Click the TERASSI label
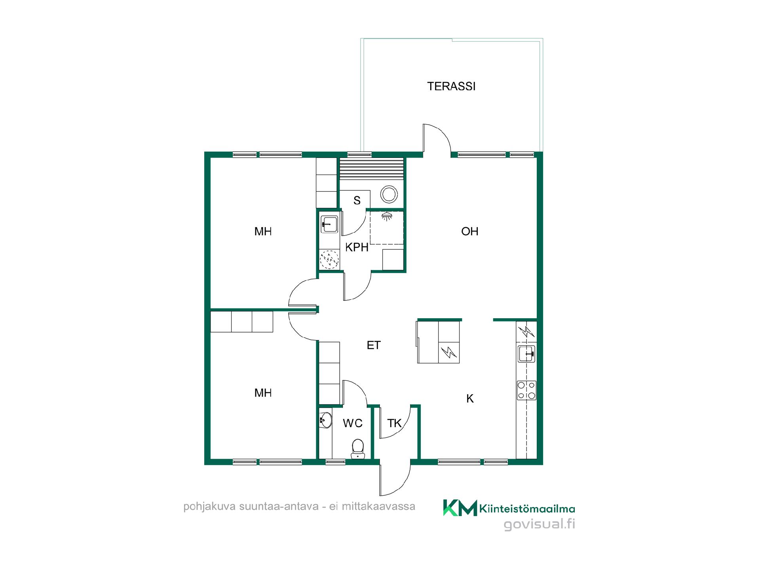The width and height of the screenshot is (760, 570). (451, 86)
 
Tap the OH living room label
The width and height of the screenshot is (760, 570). (470, 231)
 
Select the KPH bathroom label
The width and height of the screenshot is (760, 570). (357, 247)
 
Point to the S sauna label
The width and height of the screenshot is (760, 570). (357, 201)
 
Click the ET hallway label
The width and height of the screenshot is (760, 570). (374, 345)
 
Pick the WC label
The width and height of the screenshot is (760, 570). (353, 423)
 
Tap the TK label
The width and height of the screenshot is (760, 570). (395, 423)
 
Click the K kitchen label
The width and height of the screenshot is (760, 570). (470, 399)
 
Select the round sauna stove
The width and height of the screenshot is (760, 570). (389, 194)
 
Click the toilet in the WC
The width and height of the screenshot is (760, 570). (358, 448)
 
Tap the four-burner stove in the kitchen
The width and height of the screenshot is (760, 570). (526, 390)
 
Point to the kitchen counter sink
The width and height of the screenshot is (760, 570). (527, 353)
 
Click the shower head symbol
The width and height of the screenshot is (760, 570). (387, 216)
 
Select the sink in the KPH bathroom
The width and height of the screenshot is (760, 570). (329, 225)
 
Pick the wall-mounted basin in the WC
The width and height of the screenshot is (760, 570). (325, 420)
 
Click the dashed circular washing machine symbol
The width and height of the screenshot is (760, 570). (329, 260)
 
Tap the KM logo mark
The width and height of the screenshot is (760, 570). (460, 507)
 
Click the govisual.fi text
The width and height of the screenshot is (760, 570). (539, 524)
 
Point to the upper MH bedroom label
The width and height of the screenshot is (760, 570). (263, 231)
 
